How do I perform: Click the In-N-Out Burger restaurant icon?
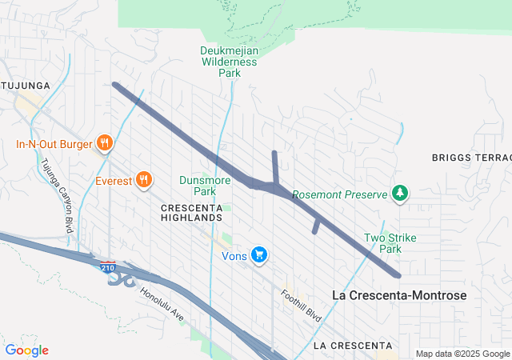pyautogui.click(x=103, y=144)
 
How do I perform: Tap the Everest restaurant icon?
pyautogui.click(x=144, y=180)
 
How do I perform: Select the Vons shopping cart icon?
pyautogui.click(x=259, y=255)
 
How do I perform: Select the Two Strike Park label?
pyautogui.click(x=382, y=243)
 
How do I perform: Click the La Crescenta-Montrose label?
pyautogui.click(x=399, y=295)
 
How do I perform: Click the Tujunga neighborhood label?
pyautogui.click(x=26, y=86)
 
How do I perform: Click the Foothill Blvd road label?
pyautogui.click(x=302, y=305)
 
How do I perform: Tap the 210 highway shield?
pyautogui.click(x=108, y=268)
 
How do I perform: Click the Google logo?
pyautogui.click(x=26, y=350)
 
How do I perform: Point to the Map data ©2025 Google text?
pyautogui.click(x=462, y=354)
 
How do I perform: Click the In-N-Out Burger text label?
pyautogui.click(x=54, y=145)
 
